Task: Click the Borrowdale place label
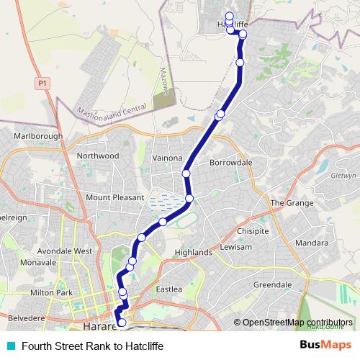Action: pyautogui.click(x=230, y=163)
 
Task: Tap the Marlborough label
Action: pyautogui.click(x=38, y=136)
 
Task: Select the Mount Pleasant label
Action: pyautogui.click(x=109, y=197)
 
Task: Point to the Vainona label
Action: pyautogui.click(x=167, y=158)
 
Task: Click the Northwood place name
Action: pyautogui.click(x=98, y=156)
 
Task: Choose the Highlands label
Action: pyautogui.click(x=193, y=253)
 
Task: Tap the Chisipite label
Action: pyautogui.click(x=253, y=232)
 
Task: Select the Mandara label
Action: pyautogui.click(x=311, y=243)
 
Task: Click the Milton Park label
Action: pyautogui.click(x=52, y=293)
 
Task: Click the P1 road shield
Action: pyautogui.click(x=43, y=84)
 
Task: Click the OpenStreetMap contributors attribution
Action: pyautogui.click(x=297, y=323)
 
